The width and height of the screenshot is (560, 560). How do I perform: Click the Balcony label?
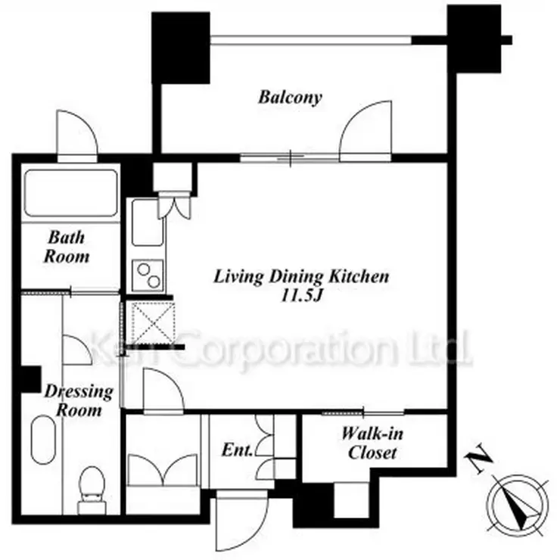[x=290, y=97]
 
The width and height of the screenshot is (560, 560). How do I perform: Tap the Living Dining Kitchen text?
[x=301, y=277]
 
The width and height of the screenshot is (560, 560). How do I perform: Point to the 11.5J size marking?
[x=302, y=296]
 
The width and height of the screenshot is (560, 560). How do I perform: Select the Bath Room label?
[x=67, y=247]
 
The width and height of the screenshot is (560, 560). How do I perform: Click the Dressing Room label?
[x=79, y=401]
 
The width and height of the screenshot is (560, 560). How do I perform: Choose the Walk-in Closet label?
[x=372, y=443]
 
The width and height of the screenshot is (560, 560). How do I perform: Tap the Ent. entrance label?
[x=237, y=450]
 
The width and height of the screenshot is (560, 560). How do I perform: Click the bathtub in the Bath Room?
[x=71, y=193]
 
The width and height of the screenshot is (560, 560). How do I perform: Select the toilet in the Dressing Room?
[x=92, y=490]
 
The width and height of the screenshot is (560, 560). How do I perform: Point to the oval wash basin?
[x=43, y=439]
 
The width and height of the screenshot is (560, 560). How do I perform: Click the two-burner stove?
[x=148, y=275]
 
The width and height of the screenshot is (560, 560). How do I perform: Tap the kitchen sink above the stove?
[x=147, y=222]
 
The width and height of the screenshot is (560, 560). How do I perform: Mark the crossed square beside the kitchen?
[x=153, y=323]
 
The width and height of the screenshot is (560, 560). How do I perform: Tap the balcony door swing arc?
[x=366, y=127]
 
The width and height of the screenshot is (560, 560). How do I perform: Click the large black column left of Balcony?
[x=181, y=48]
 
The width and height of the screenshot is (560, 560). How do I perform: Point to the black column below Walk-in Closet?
[x=313, y=505]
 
